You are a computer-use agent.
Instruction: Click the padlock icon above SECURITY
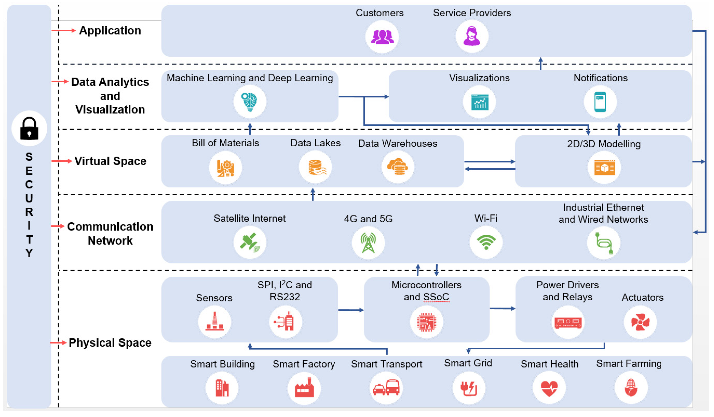coord(29,128)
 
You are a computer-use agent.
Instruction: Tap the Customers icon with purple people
coord(382,36)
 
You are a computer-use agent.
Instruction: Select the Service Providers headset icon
coord(471,36)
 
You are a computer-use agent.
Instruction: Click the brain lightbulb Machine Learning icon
coord(249,102)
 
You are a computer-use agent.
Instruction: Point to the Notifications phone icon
coord(600,102)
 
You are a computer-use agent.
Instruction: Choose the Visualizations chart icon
coord(479,102)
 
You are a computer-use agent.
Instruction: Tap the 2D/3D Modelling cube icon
coord(604,167)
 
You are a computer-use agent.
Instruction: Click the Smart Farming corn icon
coord(631,387)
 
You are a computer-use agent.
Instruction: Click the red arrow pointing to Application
coord(64,30)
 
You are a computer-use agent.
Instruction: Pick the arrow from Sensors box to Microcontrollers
coord(351,310)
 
